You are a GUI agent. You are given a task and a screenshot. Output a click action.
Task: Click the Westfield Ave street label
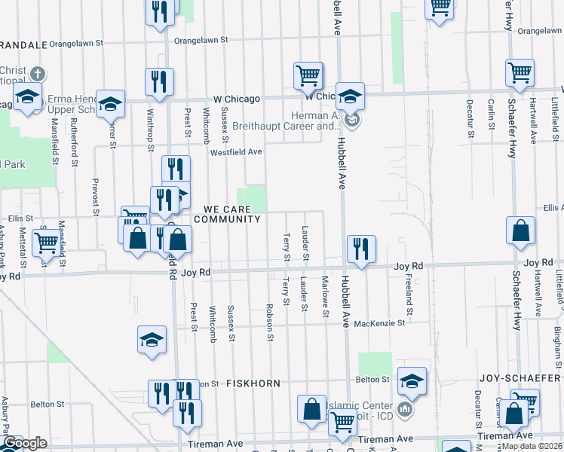click(x=236, y=152)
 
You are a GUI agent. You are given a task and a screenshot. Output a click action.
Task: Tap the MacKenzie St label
click(x=380, y=322)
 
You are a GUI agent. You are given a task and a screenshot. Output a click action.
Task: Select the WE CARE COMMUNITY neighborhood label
click(x=228, y=214)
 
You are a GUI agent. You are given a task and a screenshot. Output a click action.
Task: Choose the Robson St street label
click(x=269, y=322)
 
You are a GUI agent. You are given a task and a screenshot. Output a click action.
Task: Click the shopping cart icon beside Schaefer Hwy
click(x=520, y=73)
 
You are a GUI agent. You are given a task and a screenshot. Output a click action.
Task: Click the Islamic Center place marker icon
click(x=405, y=410)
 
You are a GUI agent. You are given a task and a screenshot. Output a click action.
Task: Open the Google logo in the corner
click(x=24, y=443)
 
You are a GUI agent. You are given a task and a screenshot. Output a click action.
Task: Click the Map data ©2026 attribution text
click(x=532, y=446)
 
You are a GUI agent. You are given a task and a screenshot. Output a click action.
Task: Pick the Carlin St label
click(x=490, y=113)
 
